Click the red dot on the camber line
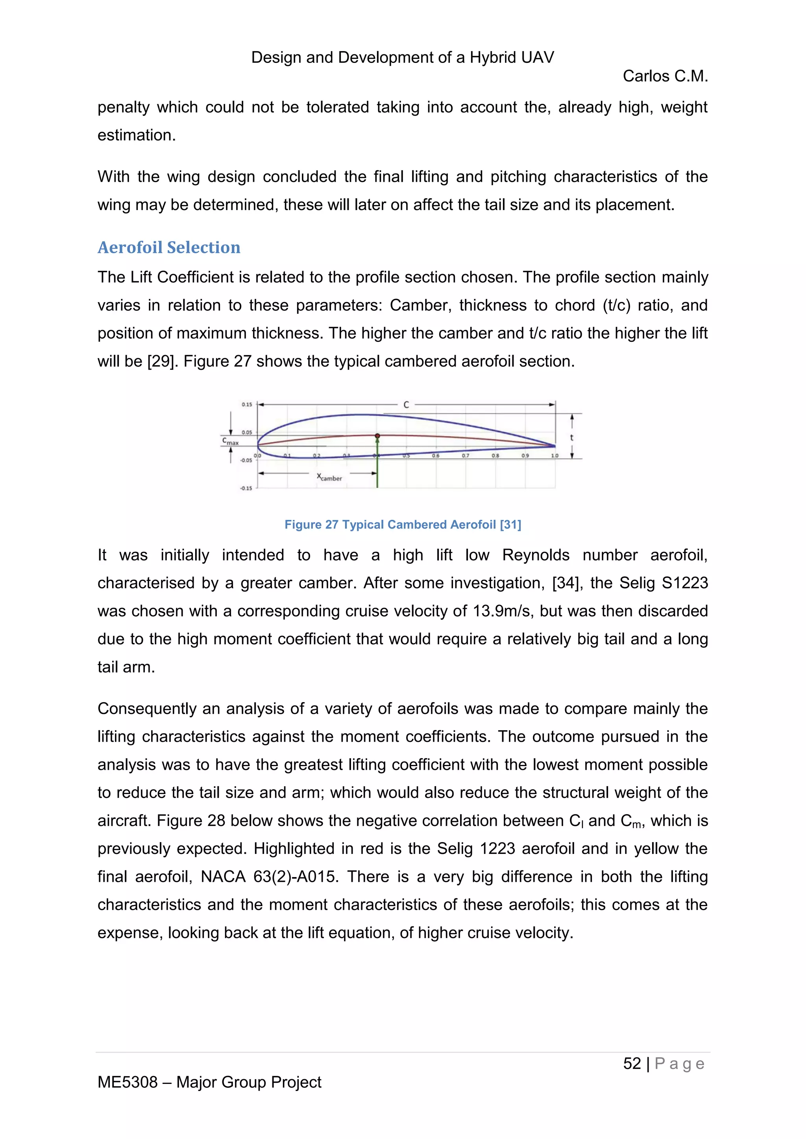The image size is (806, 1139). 377,435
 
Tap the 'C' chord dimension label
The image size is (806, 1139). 406,405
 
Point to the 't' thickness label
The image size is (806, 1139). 572,437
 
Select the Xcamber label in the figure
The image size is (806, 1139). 329,477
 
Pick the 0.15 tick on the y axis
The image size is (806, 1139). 247,404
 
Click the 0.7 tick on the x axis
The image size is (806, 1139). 466,455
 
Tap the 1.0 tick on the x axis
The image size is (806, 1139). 555,455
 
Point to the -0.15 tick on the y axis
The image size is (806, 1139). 246,488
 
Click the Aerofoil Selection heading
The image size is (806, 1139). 169,247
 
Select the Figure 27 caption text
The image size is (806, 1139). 403,524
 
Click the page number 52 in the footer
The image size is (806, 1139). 632,1063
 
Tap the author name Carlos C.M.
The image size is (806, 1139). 665,76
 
